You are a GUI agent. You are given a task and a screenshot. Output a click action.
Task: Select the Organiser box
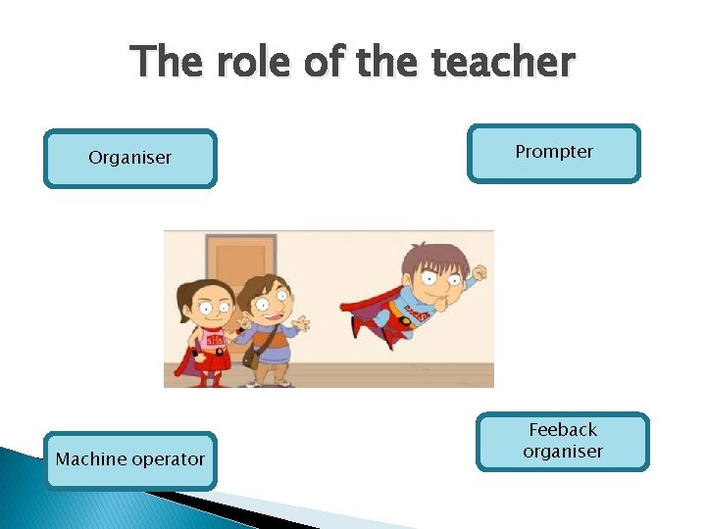tap(129, 158)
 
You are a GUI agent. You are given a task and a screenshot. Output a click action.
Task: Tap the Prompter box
tap(554, 152)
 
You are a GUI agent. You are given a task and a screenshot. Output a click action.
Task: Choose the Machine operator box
tap(130, 459)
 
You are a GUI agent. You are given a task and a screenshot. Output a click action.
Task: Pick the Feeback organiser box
tap(563, 441)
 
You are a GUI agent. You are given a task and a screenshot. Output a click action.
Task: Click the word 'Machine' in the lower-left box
tap(93, 459)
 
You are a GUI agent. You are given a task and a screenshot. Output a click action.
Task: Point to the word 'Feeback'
tap(563, 430)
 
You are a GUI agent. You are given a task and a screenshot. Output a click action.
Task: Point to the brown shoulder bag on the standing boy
tap(252, 356)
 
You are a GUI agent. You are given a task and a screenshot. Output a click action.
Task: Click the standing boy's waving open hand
tap(301, 323)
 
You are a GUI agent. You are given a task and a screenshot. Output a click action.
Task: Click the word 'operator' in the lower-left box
tap(169, 459)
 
